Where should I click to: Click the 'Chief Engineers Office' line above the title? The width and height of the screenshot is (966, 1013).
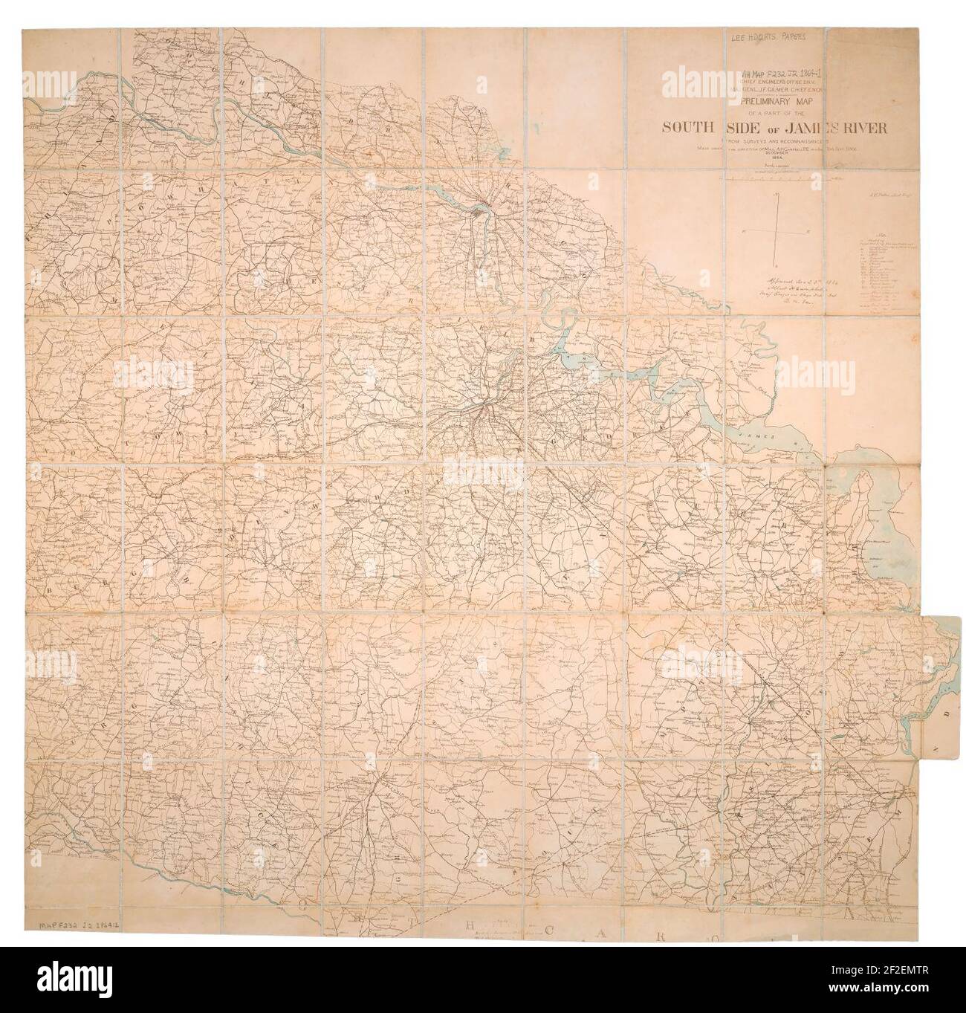(x=773, y=80)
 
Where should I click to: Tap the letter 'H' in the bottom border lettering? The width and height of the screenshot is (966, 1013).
(x=473, y=926)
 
